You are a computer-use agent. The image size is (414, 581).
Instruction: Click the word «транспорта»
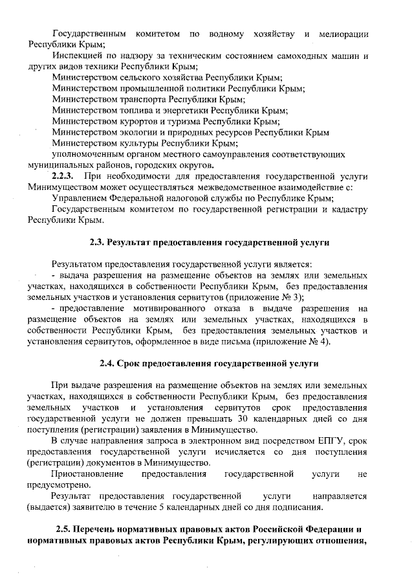(138, 100)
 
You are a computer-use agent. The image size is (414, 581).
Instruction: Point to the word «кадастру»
(347, 209)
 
